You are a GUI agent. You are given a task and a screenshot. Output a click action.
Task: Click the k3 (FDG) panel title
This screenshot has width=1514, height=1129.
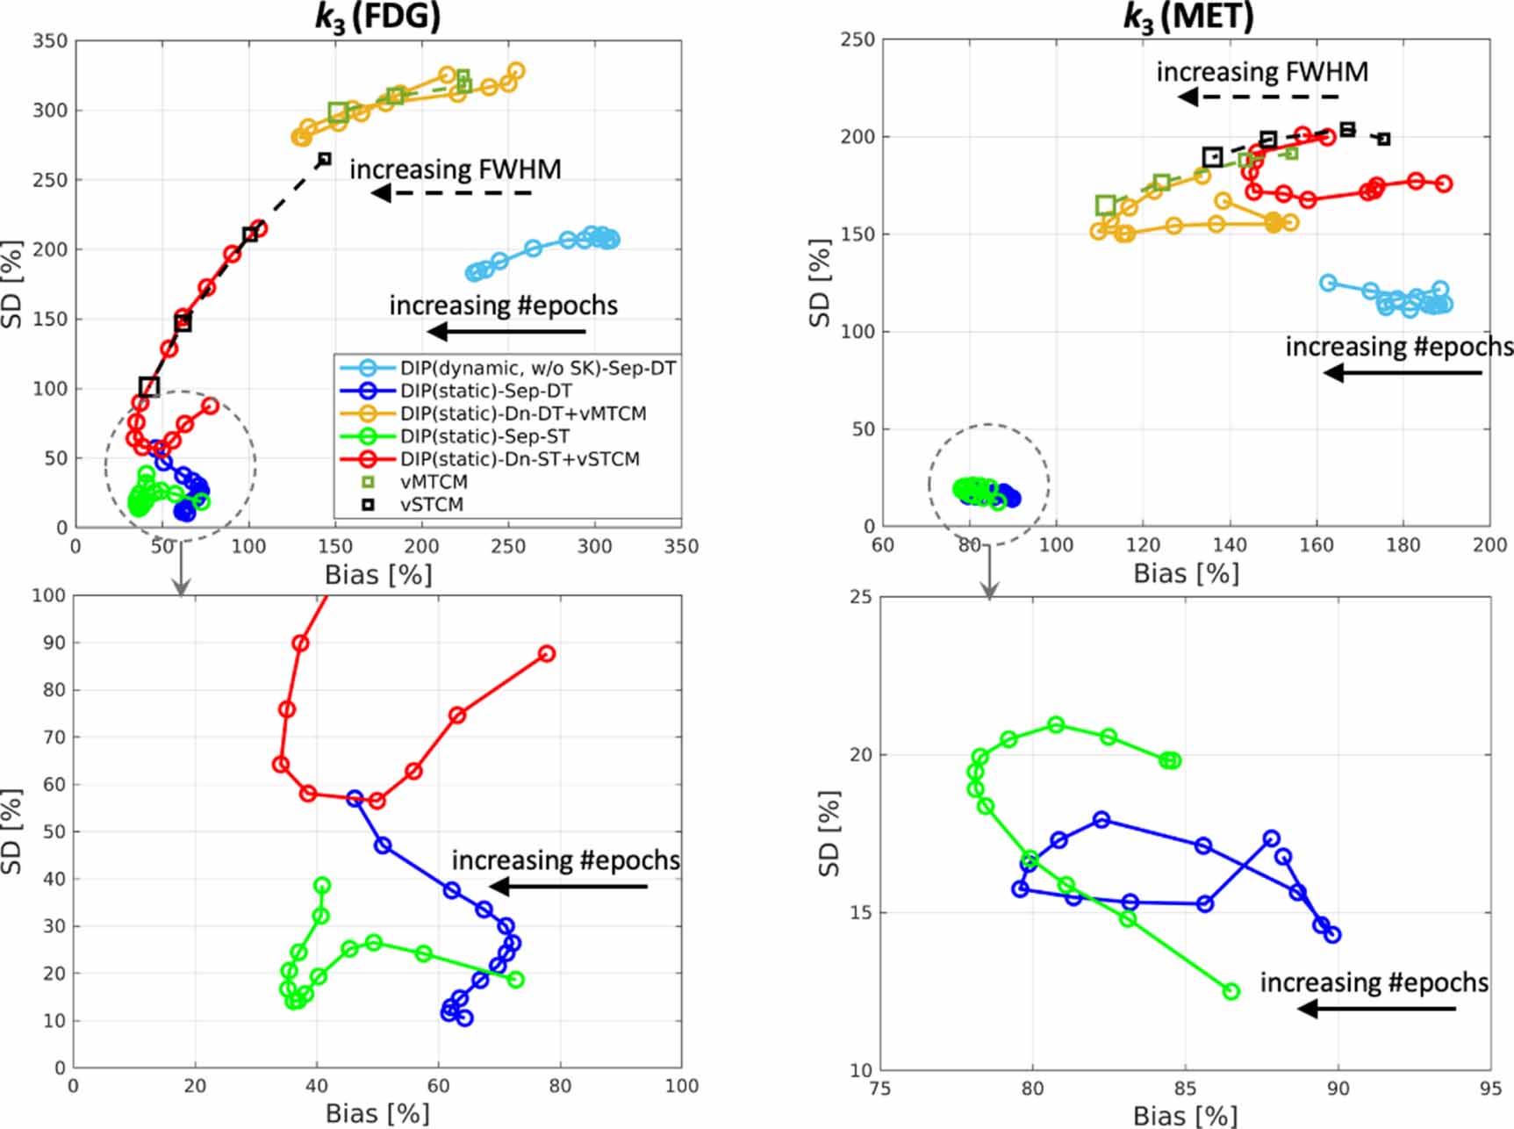click(377, 17)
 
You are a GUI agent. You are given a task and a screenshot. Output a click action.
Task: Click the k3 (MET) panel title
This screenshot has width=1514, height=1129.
click(1188, 17)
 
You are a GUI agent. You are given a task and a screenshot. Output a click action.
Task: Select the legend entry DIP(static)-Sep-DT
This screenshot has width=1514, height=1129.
click(485, 391)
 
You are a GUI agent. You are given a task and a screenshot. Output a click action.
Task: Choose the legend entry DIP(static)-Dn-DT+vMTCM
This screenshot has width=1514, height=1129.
click(523, 413)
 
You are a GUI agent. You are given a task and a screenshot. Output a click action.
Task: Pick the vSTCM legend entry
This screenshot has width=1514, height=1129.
click(433, 505)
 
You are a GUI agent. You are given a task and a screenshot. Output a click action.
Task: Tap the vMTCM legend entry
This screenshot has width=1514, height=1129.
click(434, 482)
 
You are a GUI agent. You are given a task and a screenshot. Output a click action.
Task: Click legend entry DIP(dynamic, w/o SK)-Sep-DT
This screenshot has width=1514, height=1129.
click(538, 368)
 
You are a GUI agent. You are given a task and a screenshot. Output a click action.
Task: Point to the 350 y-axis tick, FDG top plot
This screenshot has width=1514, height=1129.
click(49, 40)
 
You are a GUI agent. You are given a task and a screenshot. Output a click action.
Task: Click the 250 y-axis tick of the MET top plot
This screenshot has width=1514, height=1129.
click(857, 40)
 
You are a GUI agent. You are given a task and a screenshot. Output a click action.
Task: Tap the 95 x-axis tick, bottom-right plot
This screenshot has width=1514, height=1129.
click(1490, 1089)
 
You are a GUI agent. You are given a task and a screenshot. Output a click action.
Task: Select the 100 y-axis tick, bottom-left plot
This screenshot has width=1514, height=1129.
click(49, 595)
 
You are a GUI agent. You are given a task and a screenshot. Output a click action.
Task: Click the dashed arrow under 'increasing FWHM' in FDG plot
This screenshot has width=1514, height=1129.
click(452, 193)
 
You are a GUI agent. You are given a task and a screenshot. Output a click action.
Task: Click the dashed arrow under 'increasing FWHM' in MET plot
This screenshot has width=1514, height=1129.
click(1259, 97)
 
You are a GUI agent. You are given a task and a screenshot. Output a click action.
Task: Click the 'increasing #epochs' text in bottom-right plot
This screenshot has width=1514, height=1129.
click(1374, 982)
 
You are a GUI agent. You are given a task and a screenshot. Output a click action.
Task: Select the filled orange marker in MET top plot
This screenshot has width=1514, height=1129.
click(1274, 223)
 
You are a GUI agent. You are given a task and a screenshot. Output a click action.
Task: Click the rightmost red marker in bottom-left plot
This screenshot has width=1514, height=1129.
click(547, 654)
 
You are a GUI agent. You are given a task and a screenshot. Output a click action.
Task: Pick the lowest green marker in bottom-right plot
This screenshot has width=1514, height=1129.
click(1231, 991)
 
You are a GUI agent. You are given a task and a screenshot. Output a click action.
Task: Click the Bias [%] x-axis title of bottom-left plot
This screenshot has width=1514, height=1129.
click(377, 1113)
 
